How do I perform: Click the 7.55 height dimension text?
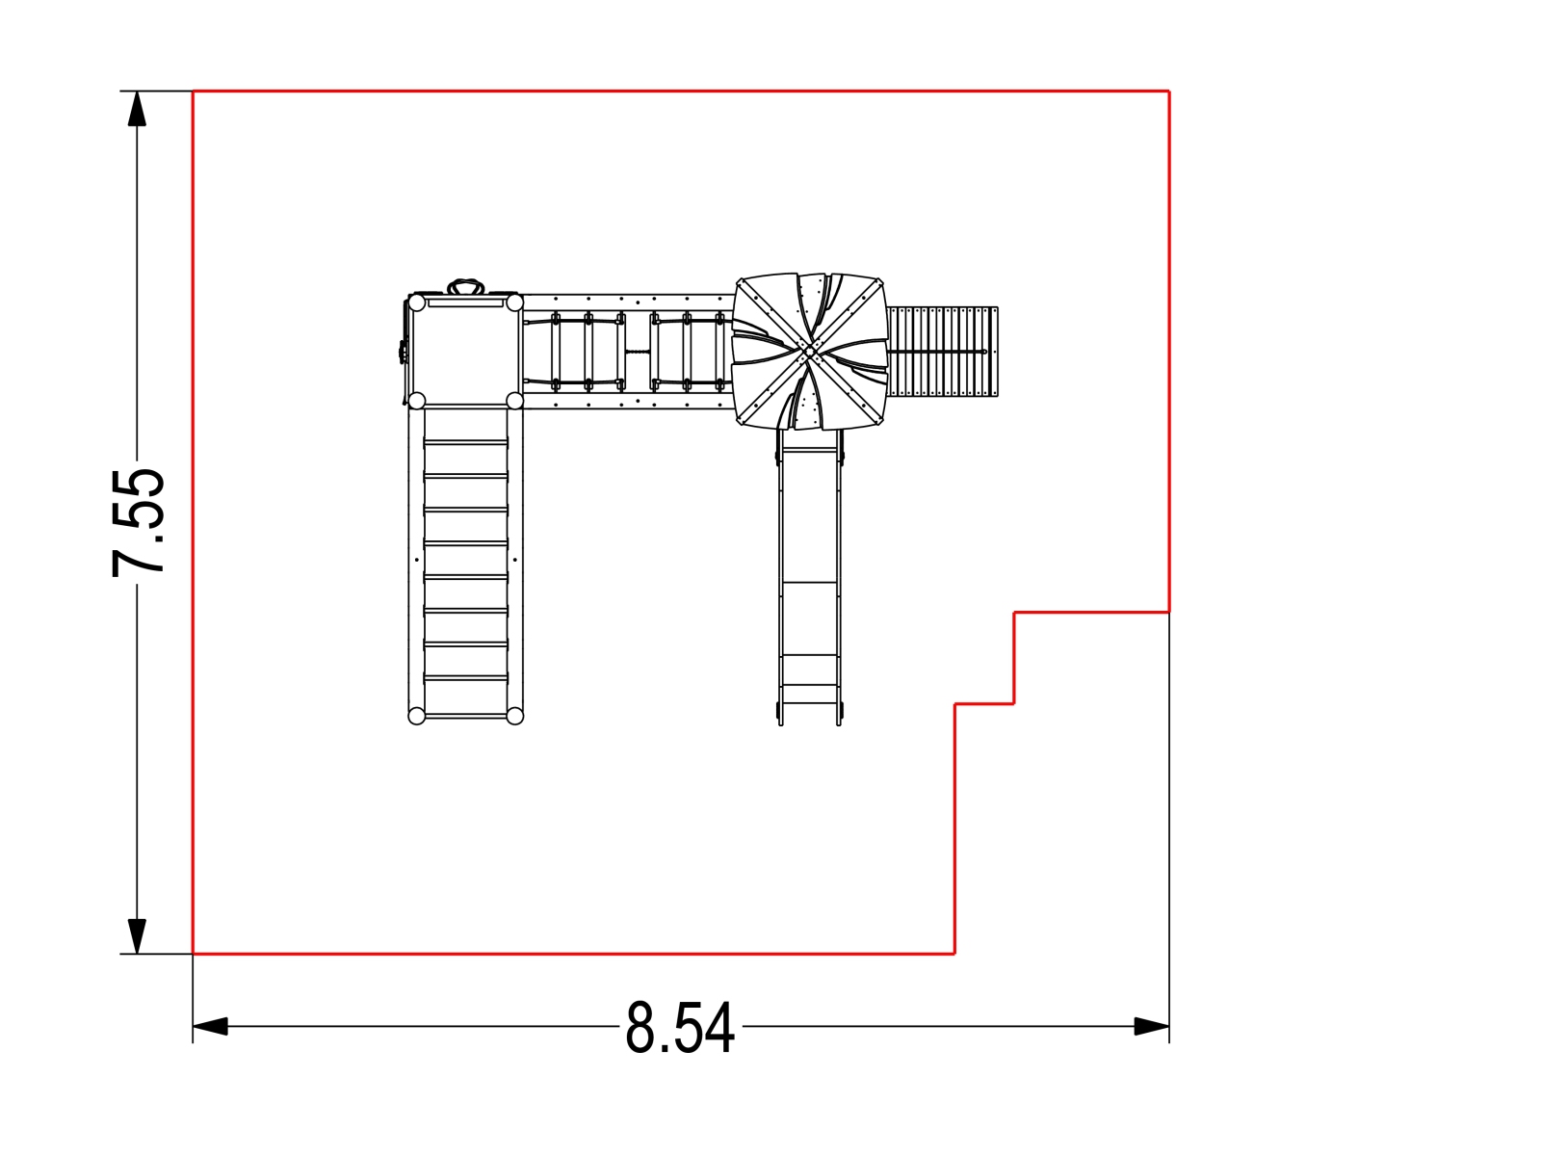[x=139, y=523]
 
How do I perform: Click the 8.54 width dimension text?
[x=680, y=1028]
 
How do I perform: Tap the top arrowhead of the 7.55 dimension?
[x=137, y=109]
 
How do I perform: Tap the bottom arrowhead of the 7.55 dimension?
[x=137, y=935]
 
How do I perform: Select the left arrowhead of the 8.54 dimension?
[x=211, y=1026]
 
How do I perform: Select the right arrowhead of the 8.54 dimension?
[x=1151, y=1026]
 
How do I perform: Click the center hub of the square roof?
[x=809, y=351]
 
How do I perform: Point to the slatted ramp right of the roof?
[x=943, y=352]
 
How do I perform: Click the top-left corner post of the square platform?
[x=417, y=303]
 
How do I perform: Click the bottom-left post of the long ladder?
[x=417, y=716]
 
